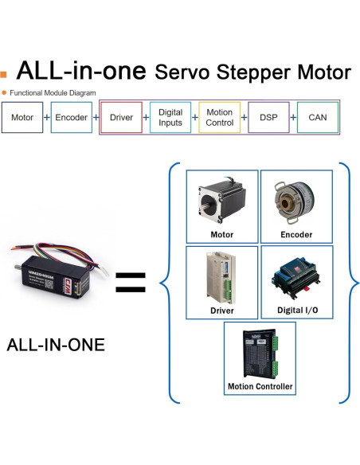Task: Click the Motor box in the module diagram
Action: coord(22,118)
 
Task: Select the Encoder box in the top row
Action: coord(72,118)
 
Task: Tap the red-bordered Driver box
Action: coord(121,118)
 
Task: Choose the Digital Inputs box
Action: coord(170,118)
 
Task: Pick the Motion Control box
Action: coord(219,118)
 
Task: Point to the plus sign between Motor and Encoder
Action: coord(47,118)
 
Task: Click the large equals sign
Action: coord(132,281)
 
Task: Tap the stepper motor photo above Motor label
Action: coord(221,199)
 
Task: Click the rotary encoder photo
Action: coord(296,200)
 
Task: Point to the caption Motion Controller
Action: coord(260,387)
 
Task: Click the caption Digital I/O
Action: coord(296,311)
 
